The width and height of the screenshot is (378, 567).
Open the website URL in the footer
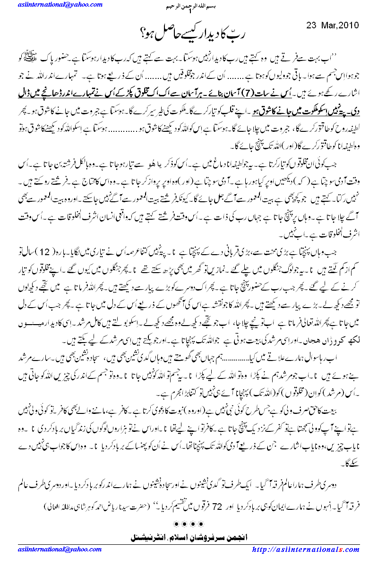click(x=307, y=550)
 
